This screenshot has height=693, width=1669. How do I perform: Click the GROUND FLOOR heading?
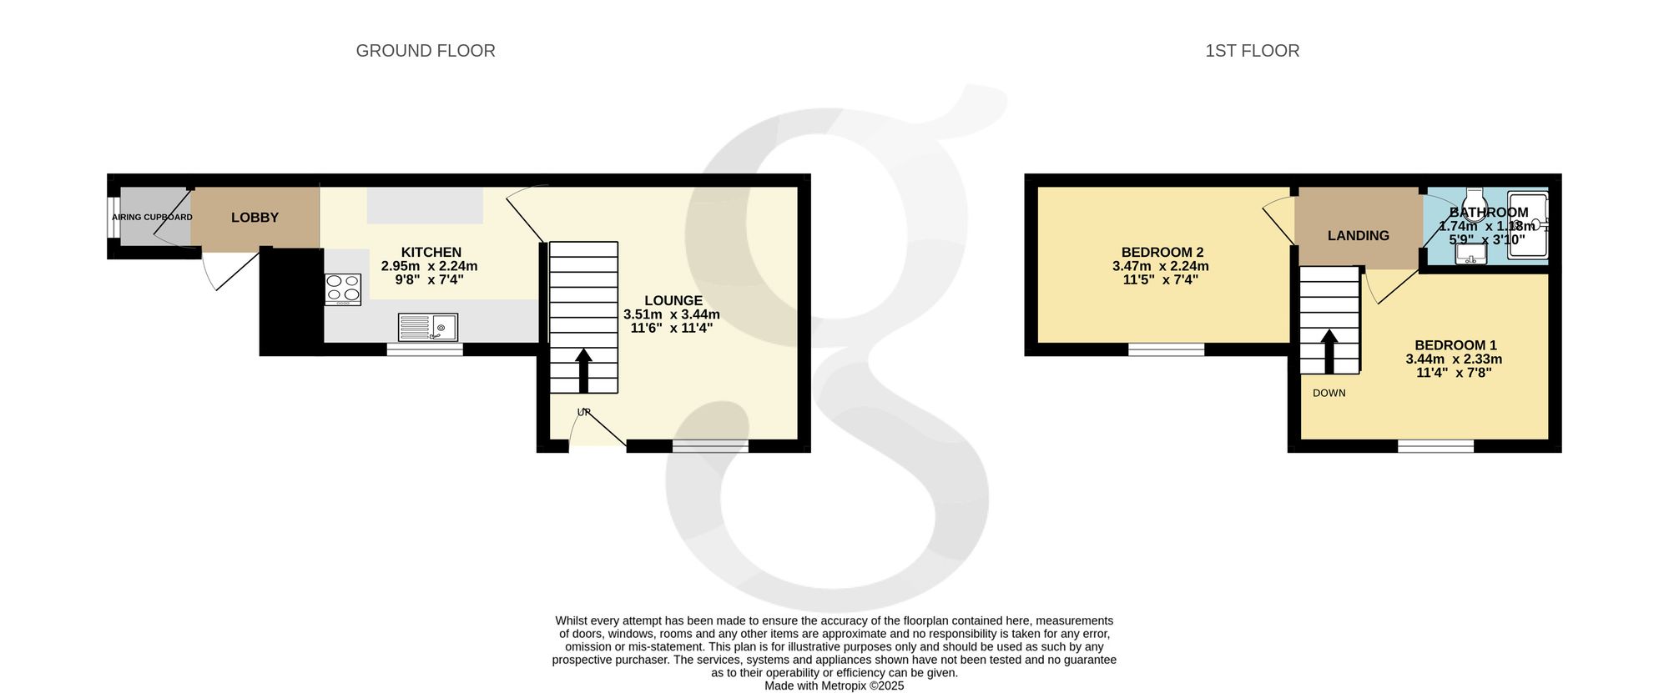pos(426,51)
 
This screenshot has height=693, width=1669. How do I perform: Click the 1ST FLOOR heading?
pos(1252,51)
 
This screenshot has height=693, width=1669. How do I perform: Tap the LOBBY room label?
pos(255,218)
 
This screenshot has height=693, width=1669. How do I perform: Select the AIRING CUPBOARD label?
pos(152,218)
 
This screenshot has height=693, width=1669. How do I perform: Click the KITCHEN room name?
pos(431,252)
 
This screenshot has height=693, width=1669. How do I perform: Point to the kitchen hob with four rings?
pos(343,290)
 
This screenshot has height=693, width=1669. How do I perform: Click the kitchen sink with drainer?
pos(428,327)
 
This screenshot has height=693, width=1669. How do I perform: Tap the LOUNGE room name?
pos(673,300)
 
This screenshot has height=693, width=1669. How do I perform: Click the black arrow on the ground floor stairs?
pos(583,370)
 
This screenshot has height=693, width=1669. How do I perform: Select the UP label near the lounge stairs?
pos(584,412)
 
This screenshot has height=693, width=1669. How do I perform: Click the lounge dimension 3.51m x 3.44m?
pos(672,314)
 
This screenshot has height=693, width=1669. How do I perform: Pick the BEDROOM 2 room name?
pos(1162,252)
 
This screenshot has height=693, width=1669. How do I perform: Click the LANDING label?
pos(1359,236)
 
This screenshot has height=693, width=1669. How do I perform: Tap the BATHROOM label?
pos(1489,213)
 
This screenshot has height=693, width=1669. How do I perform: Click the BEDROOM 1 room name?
pos(1456,345)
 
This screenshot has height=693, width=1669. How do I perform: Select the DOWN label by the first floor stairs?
pos(1329,393)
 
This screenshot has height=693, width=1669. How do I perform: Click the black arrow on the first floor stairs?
pos(1329,351)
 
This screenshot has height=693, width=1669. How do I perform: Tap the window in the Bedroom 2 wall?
pos(1167,349)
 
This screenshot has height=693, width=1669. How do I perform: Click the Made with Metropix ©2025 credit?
pos(834,685)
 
